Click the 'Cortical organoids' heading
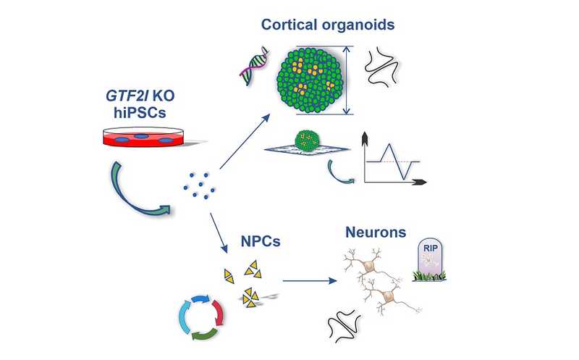click(328, 25)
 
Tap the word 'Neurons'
click(376, 232)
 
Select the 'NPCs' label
click(261, 241)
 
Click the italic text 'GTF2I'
click(127, 96)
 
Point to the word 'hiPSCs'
click(140, 113)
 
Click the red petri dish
click(143, 137)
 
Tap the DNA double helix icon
click(254, 66)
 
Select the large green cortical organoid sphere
click(311, 80)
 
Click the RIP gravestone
click(429, 259)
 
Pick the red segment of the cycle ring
click(219, 312)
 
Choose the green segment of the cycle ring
click(204, 334)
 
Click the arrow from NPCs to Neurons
click(310, 281)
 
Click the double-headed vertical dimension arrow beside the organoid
click(346, 80)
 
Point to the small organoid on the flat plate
click(307, 140)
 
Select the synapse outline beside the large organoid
click(382, 66)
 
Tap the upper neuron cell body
click(369, 266)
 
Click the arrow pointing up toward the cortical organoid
click(245, 141)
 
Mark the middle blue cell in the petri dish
click(141, 136)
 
